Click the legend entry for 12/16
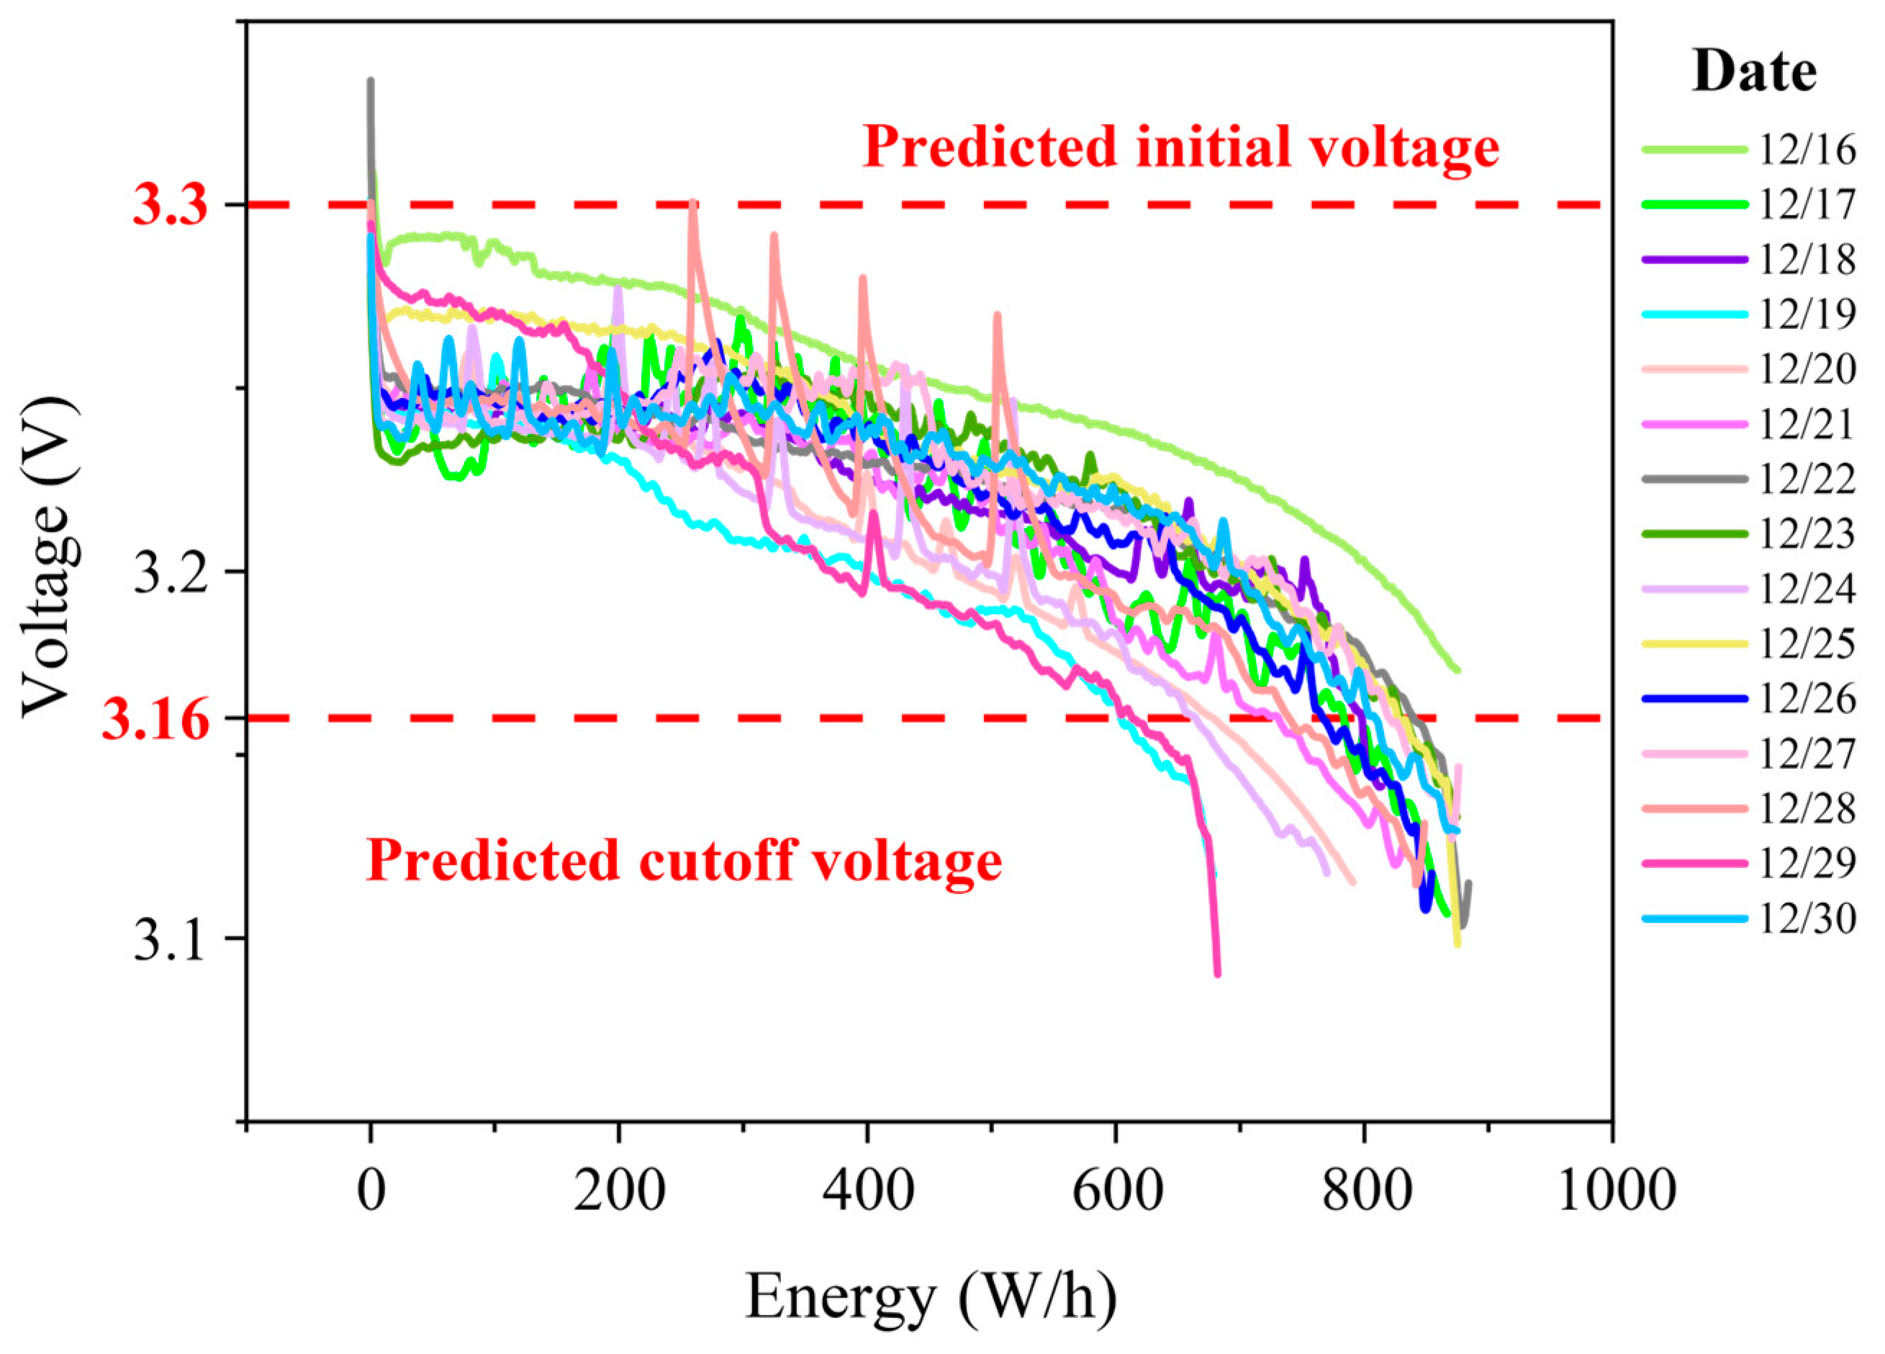pos(1749,150)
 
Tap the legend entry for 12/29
pos(1749,865)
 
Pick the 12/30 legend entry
pos(1749,919)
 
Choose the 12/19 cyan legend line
pos(1695,314)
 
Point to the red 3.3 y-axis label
pos(171,205)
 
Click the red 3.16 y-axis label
pos(155,720)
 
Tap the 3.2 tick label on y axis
pos(171,573)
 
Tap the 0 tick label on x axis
pos(371,1191)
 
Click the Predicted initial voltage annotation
pos(1180,147)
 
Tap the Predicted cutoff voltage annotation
pos(683,860)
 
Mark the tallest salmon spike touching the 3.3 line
pos(692,204)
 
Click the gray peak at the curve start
pos(371,81)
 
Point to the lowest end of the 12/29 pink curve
pos(1218,973)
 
